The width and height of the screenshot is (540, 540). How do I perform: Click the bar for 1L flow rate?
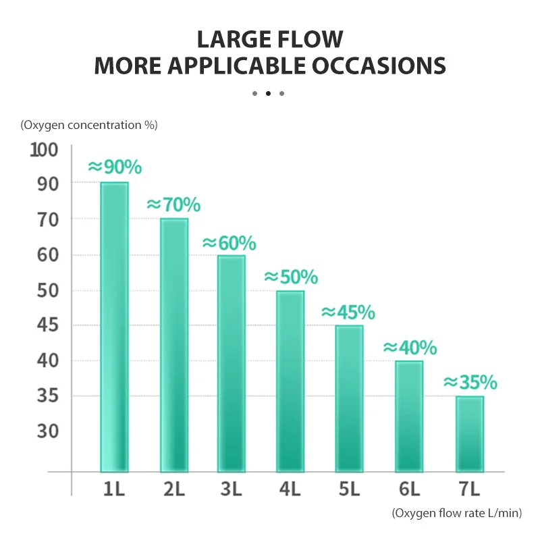(114, 327)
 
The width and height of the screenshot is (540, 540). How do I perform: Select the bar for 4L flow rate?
(290, 381)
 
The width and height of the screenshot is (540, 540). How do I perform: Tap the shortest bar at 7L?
(469, 434)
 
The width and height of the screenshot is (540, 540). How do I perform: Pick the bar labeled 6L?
(409, 416)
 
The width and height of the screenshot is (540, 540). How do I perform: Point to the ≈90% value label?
(115, 167)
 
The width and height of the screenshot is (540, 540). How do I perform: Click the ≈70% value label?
(173, 204)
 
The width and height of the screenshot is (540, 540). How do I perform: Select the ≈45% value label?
(348, 312)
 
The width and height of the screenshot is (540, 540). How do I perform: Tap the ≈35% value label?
(470, 383)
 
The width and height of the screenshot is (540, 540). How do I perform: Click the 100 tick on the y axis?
(45, 150)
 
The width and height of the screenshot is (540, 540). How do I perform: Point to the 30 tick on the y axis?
(45, 431)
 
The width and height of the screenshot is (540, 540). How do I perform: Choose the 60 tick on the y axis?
(45, 255)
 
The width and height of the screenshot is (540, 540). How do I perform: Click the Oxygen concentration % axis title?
(89, 125)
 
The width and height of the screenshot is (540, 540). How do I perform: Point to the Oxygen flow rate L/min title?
(457, 514)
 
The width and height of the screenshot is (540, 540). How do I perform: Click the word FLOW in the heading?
(308, 38)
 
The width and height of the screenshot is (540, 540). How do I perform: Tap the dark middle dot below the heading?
(268, 93)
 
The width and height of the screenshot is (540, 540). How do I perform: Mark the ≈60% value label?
(230, 242)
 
